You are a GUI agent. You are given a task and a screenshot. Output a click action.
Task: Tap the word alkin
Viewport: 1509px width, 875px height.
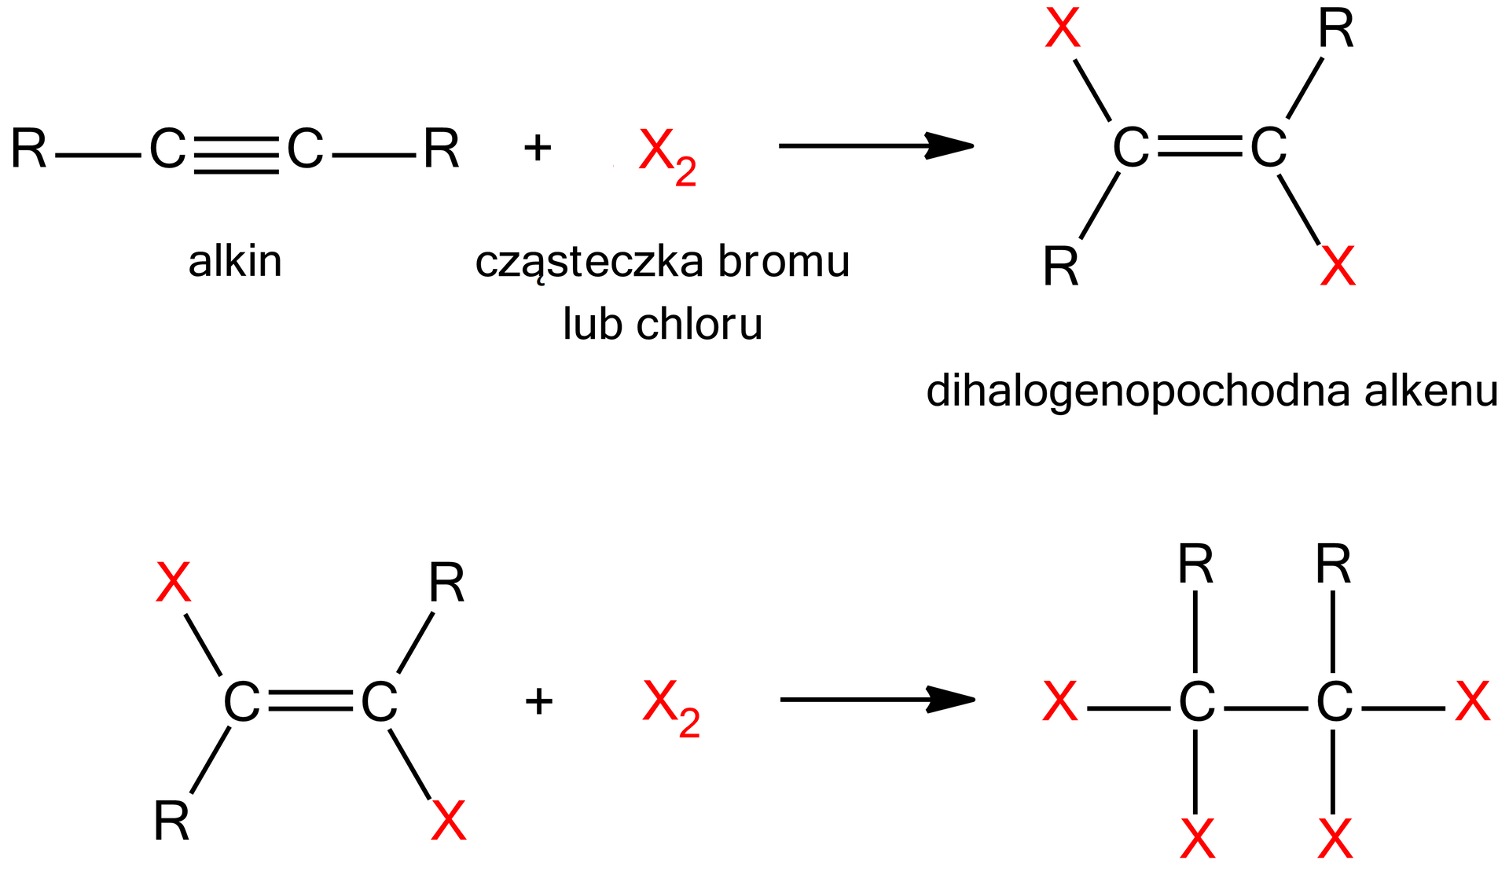pyautogui.click(x=235, y=262)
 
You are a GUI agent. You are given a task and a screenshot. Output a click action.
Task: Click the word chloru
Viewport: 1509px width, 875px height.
pyautogui.click(x=699, y=324)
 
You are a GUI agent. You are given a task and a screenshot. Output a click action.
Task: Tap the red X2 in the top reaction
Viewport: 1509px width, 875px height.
pyautogui.click(x=666, y=155)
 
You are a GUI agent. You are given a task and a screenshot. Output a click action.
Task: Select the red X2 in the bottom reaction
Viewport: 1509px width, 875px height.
pyautogui.click(x=670, y=707)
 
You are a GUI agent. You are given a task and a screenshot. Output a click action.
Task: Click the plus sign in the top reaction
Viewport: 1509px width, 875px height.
pyautogui.click(x=538, y=148)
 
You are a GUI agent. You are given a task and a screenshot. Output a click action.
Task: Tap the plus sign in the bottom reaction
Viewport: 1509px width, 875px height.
pyautogui.click(x=538, y=701)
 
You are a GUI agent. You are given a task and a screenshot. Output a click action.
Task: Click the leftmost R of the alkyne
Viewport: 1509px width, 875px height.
pyautogui.click(x=29, y=149)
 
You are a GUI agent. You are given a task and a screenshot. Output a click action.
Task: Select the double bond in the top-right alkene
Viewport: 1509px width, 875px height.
pyautogui.click(x=1199, y=146)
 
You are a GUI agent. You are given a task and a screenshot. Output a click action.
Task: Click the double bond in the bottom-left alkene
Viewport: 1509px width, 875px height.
pyautogui.click(x=310, y=700)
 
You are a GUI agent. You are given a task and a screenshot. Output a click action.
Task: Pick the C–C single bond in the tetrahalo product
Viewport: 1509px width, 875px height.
pyautogui.click(x=1265, y=708)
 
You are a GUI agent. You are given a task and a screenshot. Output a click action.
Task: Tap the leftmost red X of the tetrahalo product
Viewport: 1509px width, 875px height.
pyautogui.click(x=1059, y=702)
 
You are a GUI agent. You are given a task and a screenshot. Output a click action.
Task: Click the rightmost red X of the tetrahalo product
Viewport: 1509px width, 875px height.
pyautogui.click(x=1472, y=702)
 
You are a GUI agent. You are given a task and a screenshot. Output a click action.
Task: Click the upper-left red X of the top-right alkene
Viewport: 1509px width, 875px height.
pyautogui.click(x=1062, y=30)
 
